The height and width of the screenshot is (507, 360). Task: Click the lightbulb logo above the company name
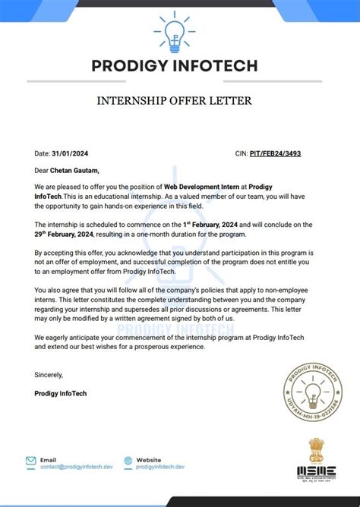pos(178,31)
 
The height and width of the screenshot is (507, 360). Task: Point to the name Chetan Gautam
pos(74,171)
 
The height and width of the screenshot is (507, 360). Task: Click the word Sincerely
pos(49,375)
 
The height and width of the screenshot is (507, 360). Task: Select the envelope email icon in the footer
pos(31,461)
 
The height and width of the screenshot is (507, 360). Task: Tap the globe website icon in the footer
pos(127,461)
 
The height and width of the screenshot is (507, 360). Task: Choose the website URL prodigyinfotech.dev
pos(159,467)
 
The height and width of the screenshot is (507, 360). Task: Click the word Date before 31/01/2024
pos(42,153)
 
